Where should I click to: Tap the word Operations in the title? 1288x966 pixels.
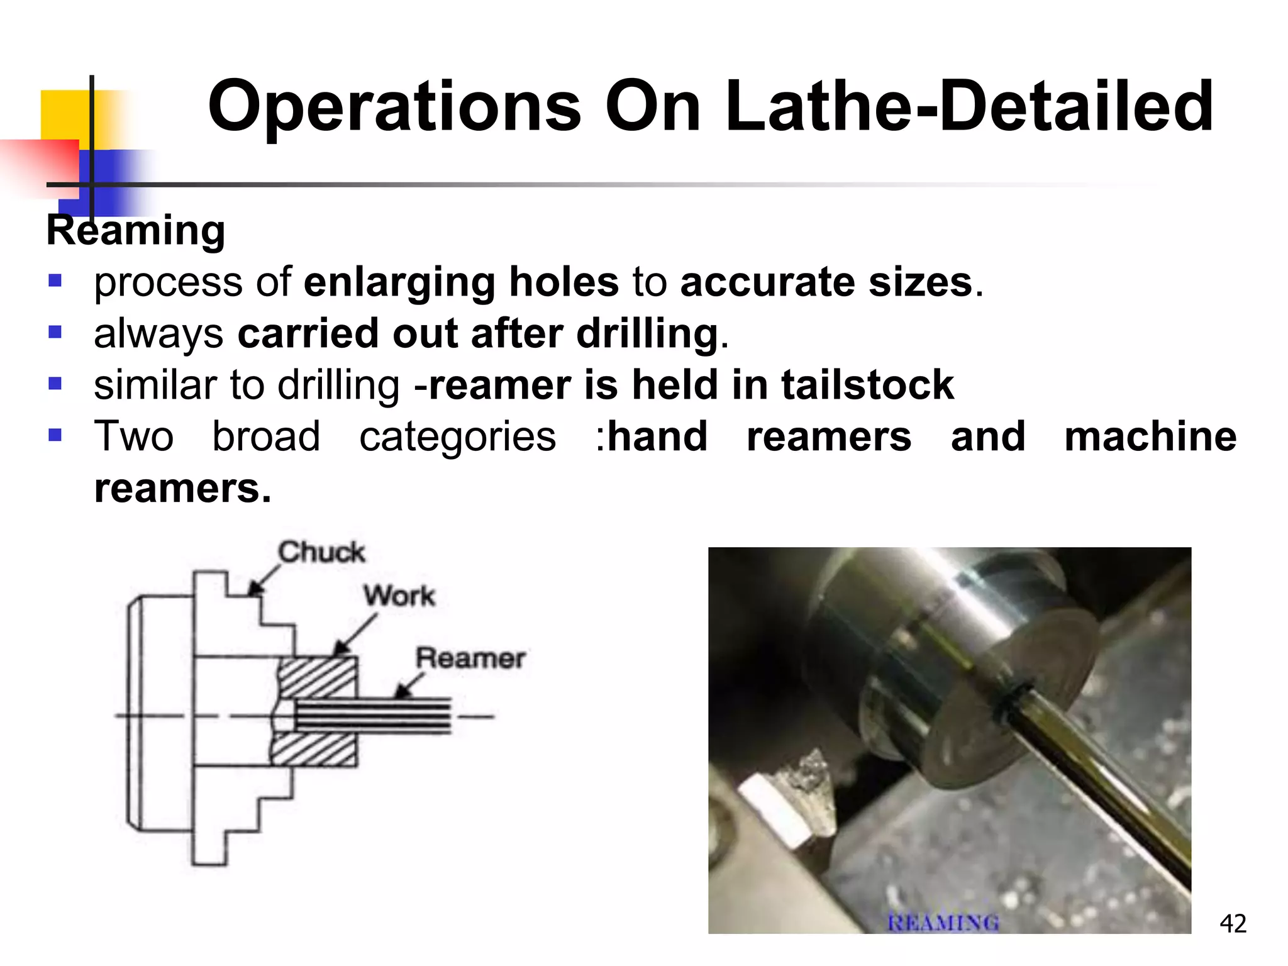[394, 107]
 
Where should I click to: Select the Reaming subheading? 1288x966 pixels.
[136, 231]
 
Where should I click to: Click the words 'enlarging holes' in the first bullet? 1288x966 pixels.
[461, 282]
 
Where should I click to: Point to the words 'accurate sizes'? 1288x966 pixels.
[826, 282]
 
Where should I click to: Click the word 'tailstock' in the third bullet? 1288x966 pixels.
[867, 385]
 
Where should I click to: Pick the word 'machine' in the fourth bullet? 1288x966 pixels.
[1150, 436]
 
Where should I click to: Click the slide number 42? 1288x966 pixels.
[1233, 923]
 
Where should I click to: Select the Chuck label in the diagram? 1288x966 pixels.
[321, 552]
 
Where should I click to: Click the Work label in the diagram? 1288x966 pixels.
[399, 595]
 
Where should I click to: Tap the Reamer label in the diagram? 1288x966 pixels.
[470, 658]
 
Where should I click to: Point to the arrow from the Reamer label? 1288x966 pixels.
[409, 686]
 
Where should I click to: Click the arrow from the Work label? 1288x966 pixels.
[355, 635]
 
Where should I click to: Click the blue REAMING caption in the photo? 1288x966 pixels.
[943, 923]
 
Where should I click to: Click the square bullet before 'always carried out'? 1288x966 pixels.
[55, 331]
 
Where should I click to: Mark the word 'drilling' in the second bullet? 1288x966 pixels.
[647, 333]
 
